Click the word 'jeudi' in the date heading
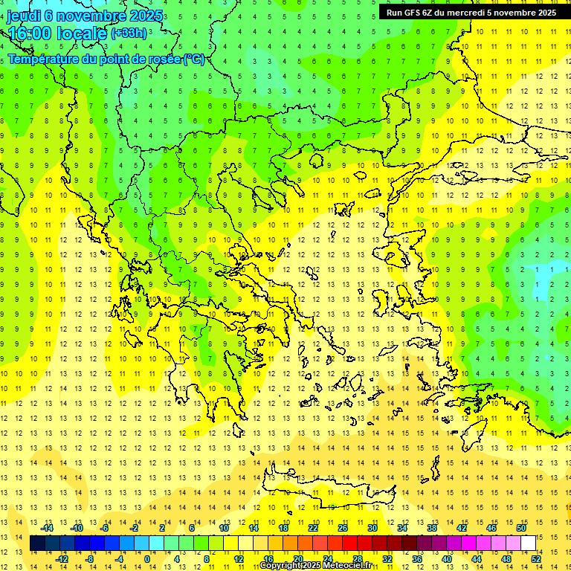pyautogui.click(x=23, y=16)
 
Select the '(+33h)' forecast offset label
pyautogui.click(x=128, y=33)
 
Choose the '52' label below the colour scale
pyautogui.click(x=536, y=558)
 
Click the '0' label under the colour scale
pyautogui.click(x=147, y=558)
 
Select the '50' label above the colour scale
pyautogui.click(x=520, y=528)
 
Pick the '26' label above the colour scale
pyautogui.click(x=343, y=528)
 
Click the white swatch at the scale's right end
pyautogui.click(x=528, y=543)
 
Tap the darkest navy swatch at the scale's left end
pyautogui.click(x=37, y=543)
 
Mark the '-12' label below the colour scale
pyautogui.click(x=62, y=558)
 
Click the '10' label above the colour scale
pyautogui.click(x=223, y=528)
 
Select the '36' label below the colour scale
pyautogui.click(x=416, y=558)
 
